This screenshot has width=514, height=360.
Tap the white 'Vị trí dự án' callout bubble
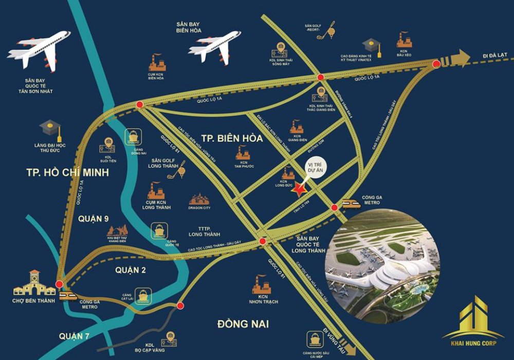(x=315, y=170)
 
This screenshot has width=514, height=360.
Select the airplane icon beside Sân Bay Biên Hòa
(x=214, y=48)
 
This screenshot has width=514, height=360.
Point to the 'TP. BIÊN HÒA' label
(x=232, y=138)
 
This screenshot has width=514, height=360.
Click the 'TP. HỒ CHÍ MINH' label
(x=67, y=173)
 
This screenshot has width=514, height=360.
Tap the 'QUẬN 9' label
(x=94, y=219)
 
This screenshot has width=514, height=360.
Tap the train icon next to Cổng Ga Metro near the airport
(x=352, y=204)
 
